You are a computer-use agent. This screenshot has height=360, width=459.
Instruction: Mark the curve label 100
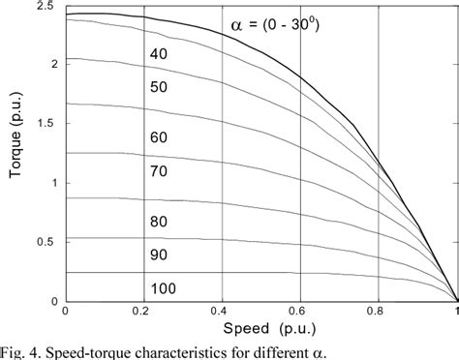[164, 288]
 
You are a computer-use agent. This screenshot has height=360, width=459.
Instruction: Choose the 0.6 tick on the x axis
[301, 312]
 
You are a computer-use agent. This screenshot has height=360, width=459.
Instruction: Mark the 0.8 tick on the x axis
[380, 312]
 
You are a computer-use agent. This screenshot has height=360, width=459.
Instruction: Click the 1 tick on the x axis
[457, 312]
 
